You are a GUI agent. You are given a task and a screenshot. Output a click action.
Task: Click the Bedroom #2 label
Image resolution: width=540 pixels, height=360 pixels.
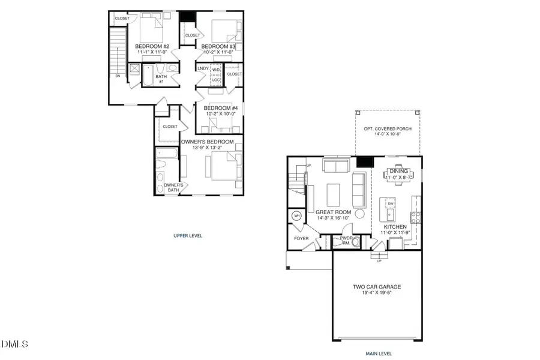152,47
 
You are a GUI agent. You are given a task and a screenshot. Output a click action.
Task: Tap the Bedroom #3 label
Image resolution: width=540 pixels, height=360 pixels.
218,47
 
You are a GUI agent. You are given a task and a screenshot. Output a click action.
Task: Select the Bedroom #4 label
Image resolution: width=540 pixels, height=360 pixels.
220,108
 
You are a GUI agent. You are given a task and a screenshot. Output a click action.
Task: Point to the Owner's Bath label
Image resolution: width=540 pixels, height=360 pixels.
173,187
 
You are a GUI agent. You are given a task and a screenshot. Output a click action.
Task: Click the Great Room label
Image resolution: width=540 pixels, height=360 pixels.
333,212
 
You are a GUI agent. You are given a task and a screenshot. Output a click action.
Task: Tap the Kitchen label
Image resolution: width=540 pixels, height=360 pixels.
395,227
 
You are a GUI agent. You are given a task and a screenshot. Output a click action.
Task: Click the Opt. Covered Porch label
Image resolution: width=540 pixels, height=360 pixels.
387,129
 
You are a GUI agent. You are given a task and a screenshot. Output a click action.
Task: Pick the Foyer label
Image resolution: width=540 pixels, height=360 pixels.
301,238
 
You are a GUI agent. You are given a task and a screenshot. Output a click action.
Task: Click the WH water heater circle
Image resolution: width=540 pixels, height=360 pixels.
296,216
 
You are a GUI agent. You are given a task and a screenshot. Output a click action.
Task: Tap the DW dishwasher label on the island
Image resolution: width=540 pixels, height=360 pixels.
390,204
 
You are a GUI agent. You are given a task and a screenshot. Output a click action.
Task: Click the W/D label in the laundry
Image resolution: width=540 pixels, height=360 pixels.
216,70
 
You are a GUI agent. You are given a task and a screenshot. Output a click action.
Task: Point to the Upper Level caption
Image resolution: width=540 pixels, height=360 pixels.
188,236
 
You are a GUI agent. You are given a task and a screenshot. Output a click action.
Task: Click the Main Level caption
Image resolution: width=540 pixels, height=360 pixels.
379,353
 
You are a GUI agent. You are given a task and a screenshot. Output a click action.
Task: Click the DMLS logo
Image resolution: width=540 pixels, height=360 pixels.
15,344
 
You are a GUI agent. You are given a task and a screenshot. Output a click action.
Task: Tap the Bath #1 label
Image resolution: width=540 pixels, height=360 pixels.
161,79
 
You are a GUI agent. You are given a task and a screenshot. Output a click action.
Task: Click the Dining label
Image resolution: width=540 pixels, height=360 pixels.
398,172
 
